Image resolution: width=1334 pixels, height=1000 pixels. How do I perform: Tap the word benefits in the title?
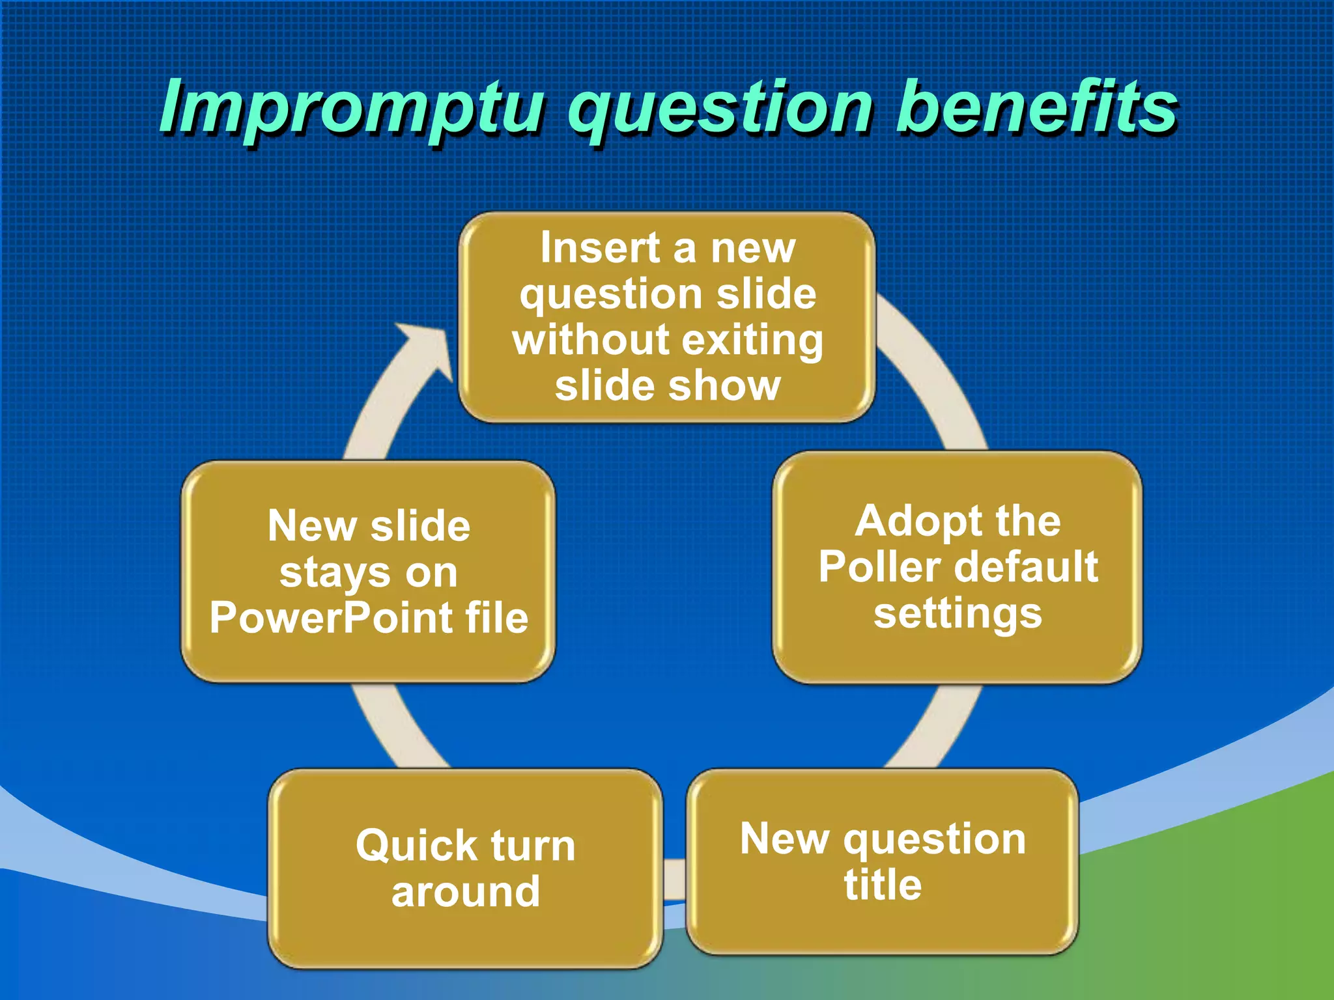[x=1036, y=107]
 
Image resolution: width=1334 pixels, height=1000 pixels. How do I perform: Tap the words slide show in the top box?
[x=667, y=387]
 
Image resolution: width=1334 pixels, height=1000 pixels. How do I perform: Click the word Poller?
[x=873, y=567]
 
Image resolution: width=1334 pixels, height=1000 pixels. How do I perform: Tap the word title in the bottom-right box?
[x=883, y=885]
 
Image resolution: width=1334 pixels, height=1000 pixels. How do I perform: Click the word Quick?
[x=416, y=846]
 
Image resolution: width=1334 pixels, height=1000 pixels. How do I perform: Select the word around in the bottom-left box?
[x=465, y=893]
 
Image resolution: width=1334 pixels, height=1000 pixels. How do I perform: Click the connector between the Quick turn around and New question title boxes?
[x=675, y=880]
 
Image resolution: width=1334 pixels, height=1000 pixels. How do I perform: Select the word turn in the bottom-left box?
[x=533, y=846]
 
